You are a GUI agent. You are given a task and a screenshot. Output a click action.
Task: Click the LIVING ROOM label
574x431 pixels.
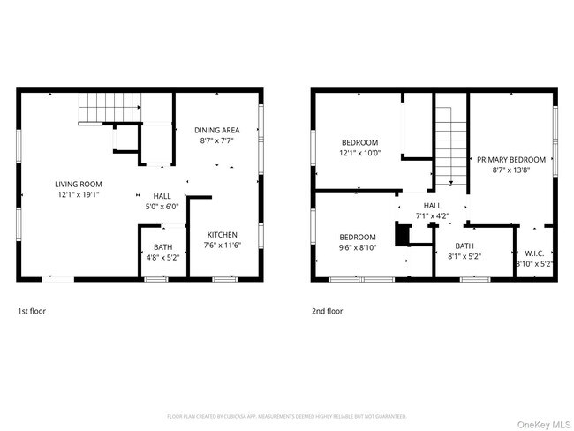pyautogui.click(x=79, y=184)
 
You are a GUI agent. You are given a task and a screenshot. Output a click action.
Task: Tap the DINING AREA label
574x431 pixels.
pyautogui.click(x=216, y=130)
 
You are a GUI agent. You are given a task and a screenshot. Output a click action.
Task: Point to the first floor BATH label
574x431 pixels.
pyautogui.click(x=162, y=246)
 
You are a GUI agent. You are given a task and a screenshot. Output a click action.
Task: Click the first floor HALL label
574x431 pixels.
pyautogui.click(x=162, y=196)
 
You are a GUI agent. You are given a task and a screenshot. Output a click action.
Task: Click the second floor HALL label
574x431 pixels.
pyautogui.click(x=434, y=204)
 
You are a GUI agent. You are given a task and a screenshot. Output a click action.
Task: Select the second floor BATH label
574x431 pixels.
pyautogui.click(x=464, y=246)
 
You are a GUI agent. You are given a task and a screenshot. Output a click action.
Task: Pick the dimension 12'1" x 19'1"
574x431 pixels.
pyautogui.click(x=79, y=194)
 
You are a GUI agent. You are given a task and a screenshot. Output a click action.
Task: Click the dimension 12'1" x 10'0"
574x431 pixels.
pyautogui.click(x=360, y=153)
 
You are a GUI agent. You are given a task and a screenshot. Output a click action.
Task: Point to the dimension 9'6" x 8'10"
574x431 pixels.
pyautogui.click(x=358, y=247)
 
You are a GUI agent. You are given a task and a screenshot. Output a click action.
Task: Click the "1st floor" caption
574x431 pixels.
pyautogui.click(x=32, y=311)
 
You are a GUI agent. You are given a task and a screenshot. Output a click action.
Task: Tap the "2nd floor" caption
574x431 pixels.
pyautogui.click(x=327, y=311)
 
